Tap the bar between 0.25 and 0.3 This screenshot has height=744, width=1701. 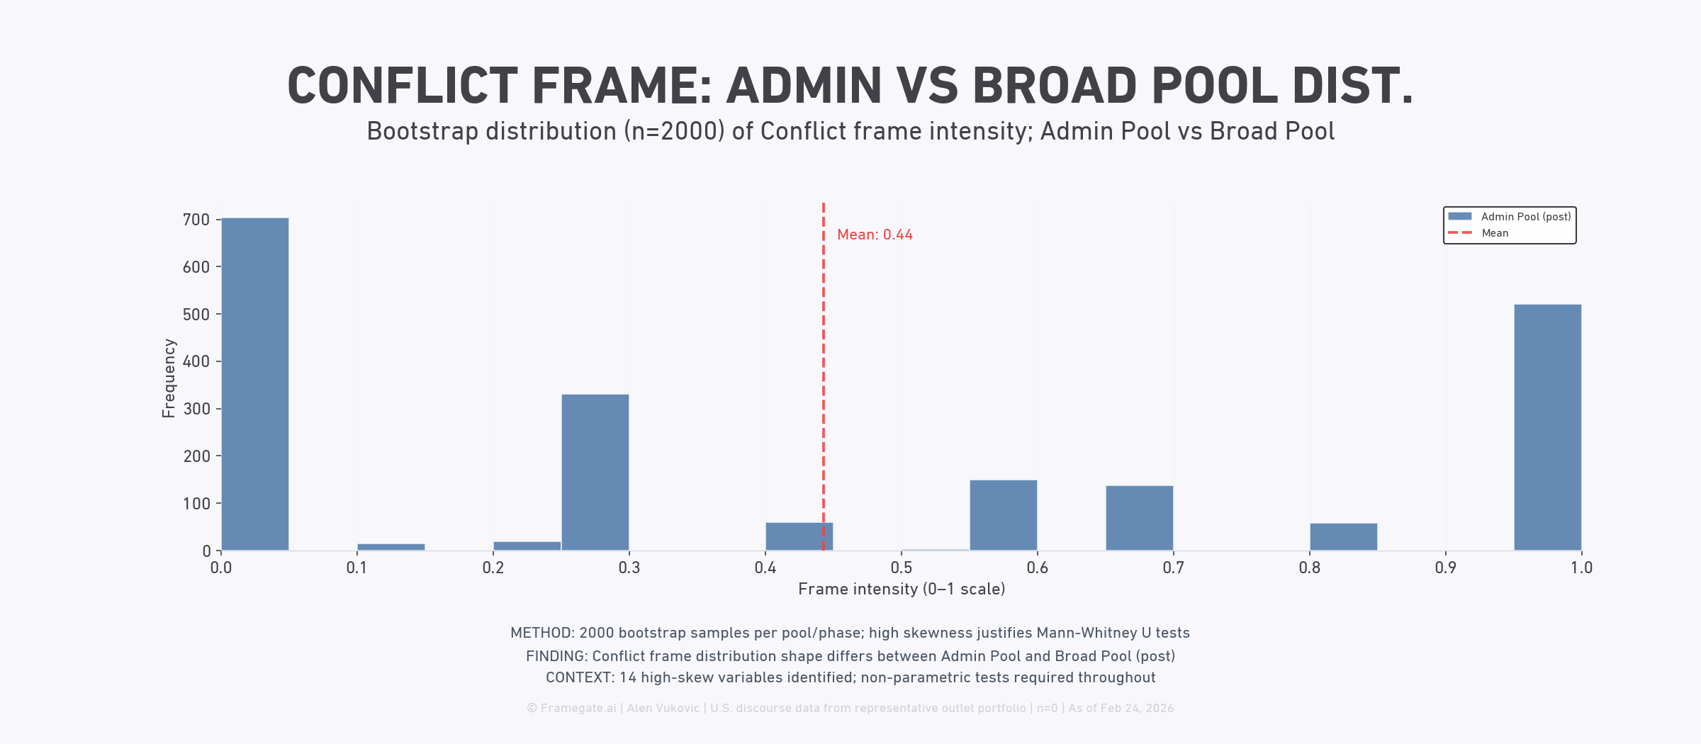[595, 472]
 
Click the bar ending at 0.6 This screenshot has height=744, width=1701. [1003, 515]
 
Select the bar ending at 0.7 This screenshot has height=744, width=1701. [1139, 518]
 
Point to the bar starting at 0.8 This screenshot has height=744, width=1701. [1343, 536]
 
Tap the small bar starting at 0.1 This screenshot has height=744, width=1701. [391, 547]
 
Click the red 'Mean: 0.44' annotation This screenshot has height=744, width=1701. [875, 235]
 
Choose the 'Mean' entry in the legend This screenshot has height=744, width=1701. [1495, 233]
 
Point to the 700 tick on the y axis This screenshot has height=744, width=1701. [196, 220]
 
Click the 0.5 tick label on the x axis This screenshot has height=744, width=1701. [901, 568]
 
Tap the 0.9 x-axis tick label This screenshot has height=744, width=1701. [1445, 568]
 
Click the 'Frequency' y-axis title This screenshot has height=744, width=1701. [169, 378]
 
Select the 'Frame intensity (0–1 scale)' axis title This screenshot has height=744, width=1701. [902, 590]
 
